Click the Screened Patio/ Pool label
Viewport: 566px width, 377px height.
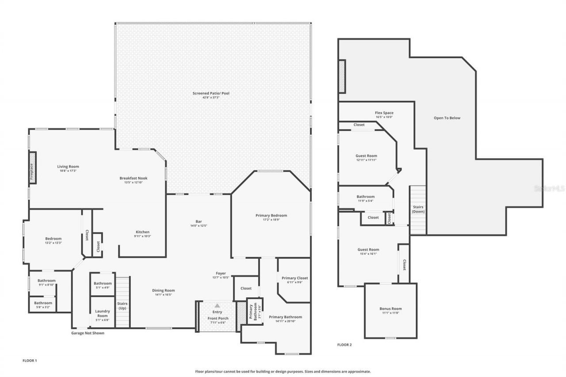(x=211, y=93)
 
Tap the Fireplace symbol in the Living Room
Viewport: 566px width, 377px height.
(x=32, y=168)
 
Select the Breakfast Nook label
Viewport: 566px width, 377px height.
(x=133, y=178)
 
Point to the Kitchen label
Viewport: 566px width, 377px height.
(x=142, y=232)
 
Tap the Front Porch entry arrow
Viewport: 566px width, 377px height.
(x=217, y=305)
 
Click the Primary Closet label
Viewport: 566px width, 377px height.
(x=294, y=278)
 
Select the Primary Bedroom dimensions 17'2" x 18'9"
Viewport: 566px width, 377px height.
(x=271, y=220)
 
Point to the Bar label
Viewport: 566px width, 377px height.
(x=199, y=221)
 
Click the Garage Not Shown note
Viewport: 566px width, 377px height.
(x=88, y=333)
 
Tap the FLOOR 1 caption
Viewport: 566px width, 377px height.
(x=30, y=361)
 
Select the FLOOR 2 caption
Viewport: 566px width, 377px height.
(x=344, y=344)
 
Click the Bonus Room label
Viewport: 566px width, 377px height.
(x=390, y=308)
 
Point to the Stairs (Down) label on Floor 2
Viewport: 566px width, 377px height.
(x=418, y=209)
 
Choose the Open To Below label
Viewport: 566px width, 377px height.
(x=447, y=118)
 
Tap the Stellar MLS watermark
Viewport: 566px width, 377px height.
(x=549, y=188)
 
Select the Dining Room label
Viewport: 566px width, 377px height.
(x=163, y=290)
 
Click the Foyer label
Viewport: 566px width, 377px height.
(x=221, y=273)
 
